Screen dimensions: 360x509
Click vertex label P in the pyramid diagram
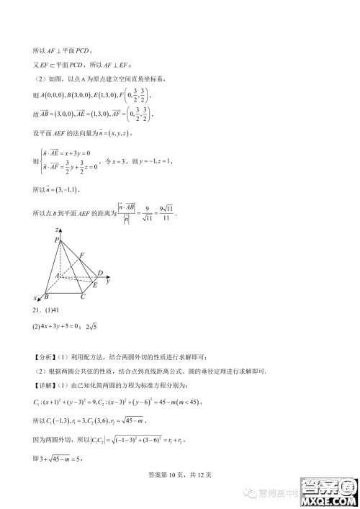[x=57, y=241]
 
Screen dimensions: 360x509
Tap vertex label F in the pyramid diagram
[x=82, y=255]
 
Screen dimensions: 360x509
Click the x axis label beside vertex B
[x=35, y=297]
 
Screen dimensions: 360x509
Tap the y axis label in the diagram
[x=107, y=281]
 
